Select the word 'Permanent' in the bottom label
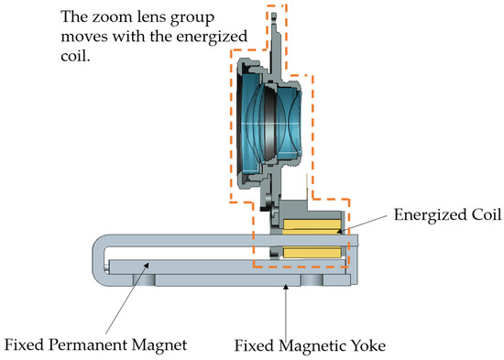(92, 345)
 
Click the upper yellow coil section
(312, 224)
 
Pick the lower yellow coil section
(312, 252)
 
